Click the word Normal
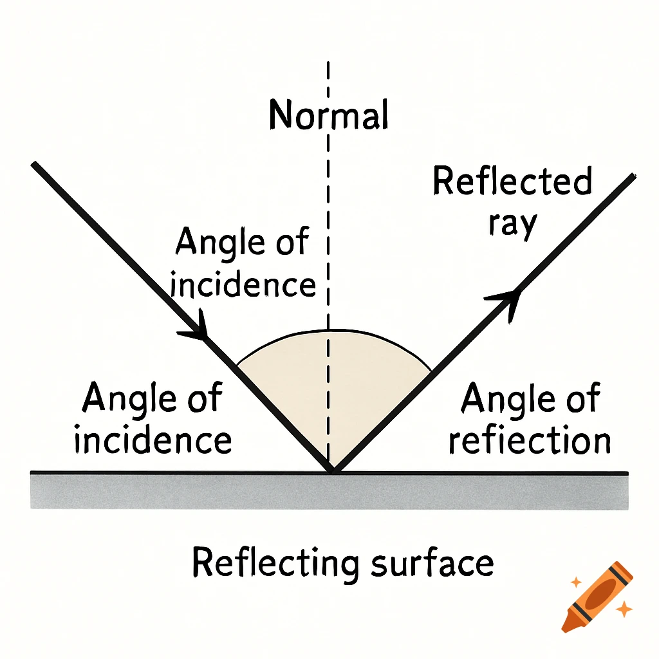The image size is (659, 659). point(329,116)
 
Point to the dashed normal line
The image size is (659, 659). point(329,193)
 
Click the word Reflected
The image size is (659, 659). point(512,181)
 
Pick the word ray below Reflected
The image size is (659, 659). point(512,224)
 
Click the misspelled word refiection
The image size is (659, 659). point(530,440)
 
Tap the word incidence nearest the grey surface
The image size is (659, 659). point(153,440)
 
